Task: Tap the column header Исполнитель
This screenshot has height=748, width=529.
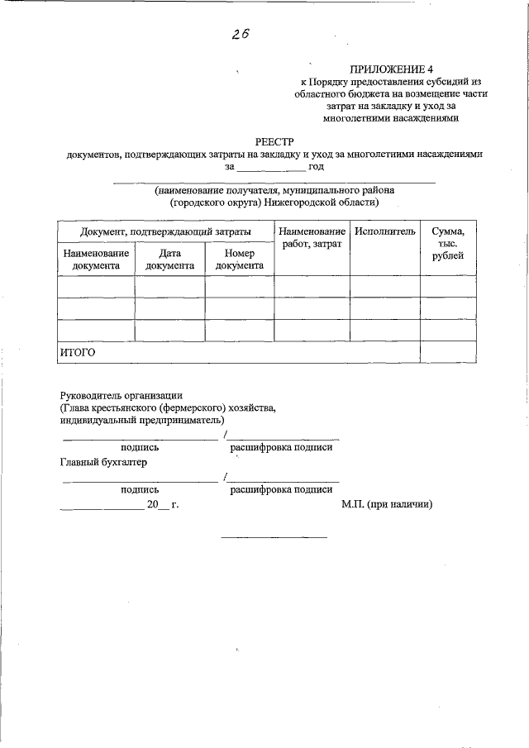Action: click(x=384, y=231)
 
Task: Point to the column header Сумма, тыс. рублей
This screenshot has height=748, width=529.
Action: click(x=448, y=244)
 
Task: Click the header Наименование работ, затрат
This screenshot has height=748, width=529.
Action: click(x=312, y=238)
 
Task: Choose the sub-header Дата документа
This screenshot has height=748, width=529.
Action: click(x=169, y=260)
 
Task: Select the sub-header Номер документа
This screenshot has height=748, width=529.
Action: click(x=239, y=260)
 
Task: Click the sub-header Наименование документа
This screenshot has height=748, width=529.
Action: click(x=96, y=260)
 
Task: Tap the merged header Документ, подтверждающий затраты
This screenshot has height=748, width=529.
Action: click(x=165, y=231)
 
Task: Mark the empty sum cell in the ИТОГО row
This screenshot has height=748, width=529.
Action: click(x=448, y=353)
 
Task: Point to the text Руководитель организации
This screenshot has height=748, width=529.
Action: click(x=121, y=395)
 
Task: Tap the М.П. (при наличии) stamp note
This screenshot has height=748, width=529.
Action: click(x=387, y=504)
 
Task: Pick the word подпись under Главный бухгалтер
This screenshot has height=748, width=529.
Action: click(x=140, y=489)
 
